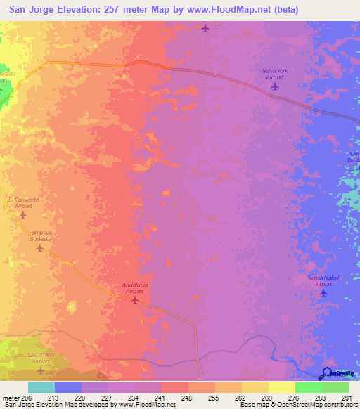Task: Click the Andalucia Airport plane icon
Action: point(135,301)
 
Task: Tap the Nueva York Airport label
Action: point(275,74)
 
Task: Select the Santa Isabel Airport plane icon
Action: point(323,293)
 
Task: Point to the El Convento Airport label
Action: point(23,203)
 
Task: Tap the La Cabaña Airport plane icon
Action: point(40,370)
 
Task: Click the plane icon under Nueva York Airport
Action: point(274,87)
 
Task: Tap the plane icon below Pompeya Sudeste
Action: point(40,248)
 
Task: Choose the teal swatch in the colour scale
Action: point(41,387)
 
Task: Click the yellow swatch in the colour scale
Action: point(281,387)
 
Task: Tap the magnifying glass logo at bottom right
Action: point(328,374)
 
